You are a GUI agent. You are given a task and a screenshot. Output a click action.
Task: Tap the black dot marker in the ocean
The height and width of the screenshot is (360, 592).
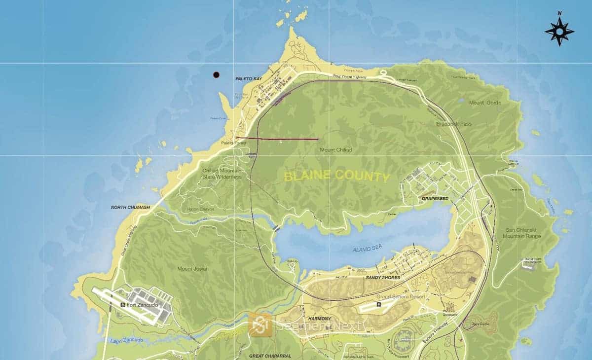click(216, 75)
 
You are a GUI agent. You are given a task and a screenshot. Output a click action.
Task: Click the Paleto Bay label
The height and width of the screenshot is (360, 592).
click(248, 79)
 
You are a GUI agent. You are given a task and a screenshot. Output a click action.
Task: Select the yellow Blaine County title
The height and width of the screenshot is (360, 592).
click(336, 176)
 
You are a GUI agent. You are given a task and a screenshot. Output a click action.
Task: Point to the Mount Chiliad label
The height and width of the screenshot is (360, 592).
click(336, 150)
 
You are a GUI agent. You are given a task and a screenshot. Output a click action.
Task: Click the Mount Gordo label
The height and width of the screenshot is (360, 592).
click(485, 103)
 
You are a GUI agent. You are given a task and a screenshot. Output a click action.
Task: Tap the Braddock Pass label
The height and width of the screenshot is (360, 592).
click(454, 124)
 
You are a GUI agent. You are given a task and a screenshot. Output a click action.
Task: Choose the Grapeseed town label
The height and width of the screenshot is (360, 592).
click(435, 198)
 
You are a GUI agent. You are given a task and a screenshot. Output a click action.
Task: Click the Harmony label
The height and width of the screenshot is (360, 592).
click(320, 319)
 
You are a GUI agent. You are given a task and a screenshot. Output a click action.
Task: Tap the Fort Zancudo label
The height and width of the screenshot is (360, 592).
click(143, 305)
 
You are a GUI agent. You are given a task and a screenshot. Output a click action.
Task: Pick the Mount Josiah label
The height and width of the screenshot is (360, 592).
click(193, 269)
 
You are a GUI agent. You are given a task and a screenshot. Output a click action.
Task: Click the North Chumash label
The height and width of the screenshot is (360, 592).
click(130, 208)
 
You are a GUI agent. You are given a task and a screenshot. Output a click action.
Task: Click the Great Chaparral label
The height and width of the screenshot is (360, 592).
click(271, 356)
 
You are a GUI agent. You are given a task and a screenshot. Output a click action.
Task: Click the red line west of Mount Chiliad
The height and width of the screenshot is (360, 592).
click(277, 139)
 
